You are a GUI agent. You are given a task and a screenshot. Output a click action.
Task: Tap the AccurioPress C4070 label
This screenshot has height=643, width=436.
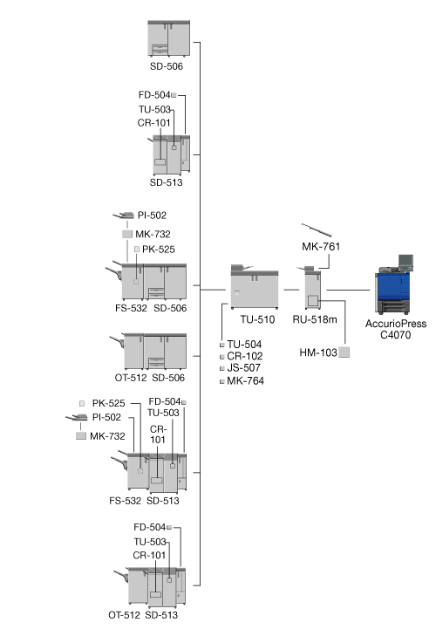point(395,329)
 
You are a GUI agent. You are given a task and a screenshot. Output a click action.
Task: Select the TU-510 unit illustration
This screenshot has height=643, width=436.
point(255,287)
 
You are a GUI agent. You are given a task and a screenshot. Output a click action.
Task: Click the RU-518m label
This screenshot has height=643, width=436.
point(315,319)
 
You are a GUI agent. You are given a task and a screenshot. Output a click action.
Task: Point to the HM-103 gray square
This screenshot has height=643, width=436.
point(344,352)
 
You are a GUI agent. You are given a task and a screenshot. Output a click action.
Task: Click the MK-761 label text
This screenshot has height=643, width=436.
point(321,246)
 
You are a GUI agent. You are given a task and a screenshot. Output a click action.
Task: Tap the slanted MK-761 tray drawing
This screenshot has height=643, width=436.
point(317,230)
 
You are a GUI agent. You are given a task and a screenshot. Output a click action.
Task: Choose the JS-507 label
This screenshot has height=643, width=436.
point(244,368)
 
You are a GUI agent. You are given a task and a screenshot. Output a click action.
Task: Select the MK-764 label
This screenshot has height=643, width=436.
point(245,381)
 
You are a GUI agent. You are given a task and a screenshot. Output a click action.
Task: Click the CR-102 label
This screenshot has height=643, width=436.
point(245,356)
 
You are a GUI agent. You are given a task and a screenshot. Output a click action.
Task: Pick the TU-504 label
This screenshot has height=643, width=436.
point(244,344)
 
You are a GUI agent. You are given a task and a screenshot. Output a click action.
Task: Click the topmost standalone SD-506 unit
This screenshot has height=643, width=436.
point(169,38)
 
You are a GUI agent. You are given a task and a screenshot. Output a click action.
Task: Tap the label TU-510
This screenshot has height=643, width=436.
point(257,319)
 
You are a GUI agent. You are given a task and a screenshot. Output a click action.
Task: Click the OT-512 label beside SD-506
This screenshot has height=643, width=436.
point(131,378)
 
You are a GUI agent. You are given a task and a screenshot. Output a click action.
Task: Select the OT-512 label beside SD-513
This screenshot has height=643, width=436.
point(124,615)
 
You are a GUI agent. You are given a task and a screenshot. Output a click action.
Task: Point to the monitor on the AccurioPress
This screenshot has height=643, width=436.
point(405,261)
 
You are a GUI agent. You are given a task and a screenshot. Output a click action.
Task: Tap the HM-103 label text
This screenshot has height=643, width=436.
point(318,352)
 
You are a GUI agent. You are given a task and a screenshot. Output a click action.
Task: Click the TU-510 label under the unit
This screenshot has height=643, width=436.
point(257,319)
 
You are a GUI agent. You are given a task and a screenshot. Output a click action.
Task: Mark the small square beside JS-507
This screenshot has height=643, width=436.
point(222,368)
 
